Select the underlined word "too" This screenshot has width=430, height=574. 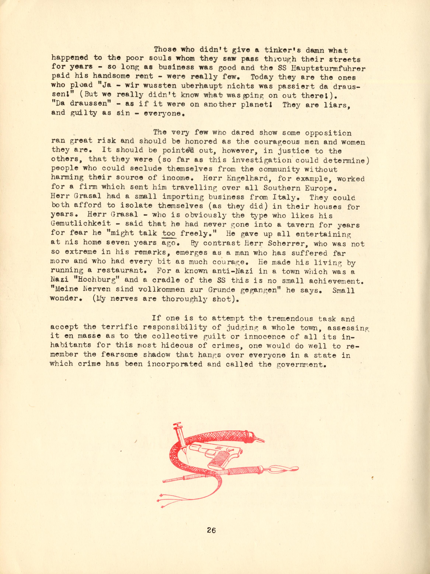[169, 234]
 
